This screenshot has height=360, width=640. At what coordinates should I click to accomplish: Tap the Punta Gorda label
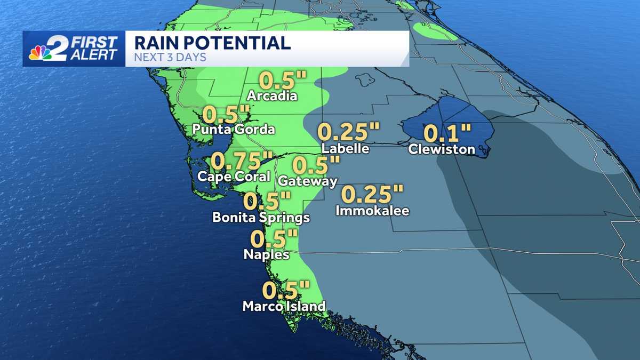tap(234, 129)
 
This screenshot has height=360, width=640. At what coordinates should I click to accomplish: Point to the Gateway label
tap(308, 181)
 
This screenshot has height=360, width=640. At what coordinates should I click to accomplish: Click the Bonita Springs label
tap(261, 218)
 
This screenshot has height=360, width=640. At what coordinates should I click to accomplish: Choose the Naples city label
tap(266, 255)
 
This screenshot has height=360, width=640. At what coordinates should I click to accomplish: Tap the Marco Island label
tap(284, 307)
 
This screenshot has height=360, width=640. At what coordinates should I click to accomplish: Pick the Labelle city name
tap(346, 148)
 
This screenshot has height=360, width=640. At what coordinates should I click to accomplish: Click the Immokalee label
tap(372, 211)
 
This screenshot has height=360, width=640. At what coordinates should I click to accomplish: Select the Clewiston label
tap(442, 149)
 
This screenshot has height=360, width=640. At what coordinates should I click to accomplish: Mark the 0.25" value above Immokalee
tap(372, 194)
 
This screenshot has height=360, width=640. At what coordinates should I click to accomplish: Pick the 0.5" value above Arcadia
tap(283, 81)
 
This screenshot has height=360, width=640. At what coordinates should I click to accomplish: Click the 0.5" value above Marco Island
tap(286, 291)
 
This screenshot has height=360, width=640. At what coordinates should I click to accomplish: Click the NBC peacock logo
tap(41, 53)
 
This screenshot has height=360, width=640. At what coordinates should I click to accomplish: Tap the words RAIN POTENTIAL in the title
tap(212, 43)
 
